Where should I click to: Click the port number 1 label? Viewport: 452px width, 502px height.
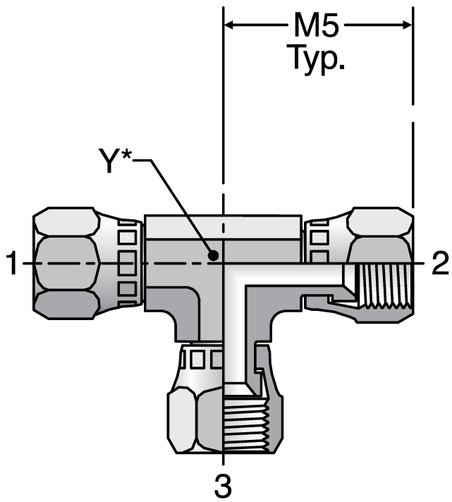[x=11, y=264]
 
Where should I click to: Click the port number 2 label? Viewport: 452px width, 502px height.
[x=440, y=264]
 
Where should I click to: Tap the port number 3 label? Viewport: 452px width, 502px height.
[x=224, y=486]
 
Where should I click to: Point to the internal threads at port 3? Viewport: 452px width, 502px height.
[x=243, y=427]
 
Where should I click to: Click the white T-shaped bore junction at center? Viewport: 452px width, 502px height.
[x=233, y=275]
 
